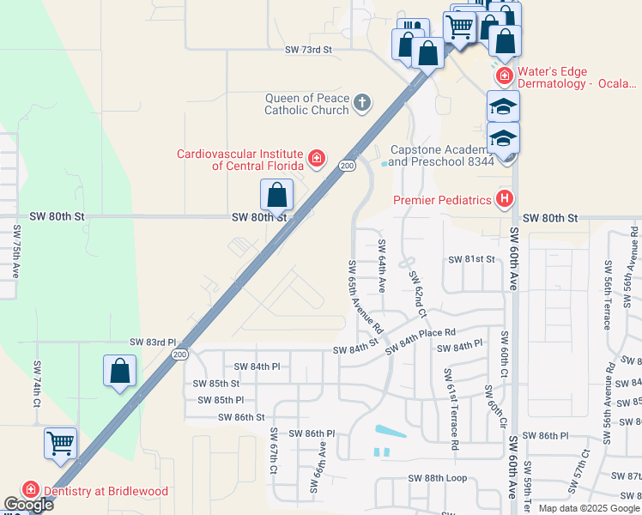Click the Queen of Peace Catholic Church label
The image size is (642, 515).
306,104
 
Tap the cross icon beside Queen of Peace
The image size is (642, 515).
362,104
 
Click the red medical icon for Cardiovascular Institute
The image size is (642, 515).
317,159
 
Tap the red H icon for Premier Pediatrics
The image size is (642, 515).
505,200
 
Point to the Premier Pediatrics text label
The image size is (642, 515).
442,200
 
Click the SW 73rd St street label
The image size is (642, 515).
308,51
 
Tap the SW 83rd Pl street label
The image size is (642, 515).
153,342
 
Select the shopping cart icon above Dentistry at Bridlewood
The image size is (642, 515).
60,444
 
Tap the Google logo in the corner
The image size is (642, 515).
28,505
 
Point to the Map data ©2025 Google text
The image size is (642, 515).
589,508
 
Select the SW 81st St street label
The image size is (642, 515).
471,259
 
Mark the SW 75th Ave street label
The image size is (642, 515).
16,251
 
